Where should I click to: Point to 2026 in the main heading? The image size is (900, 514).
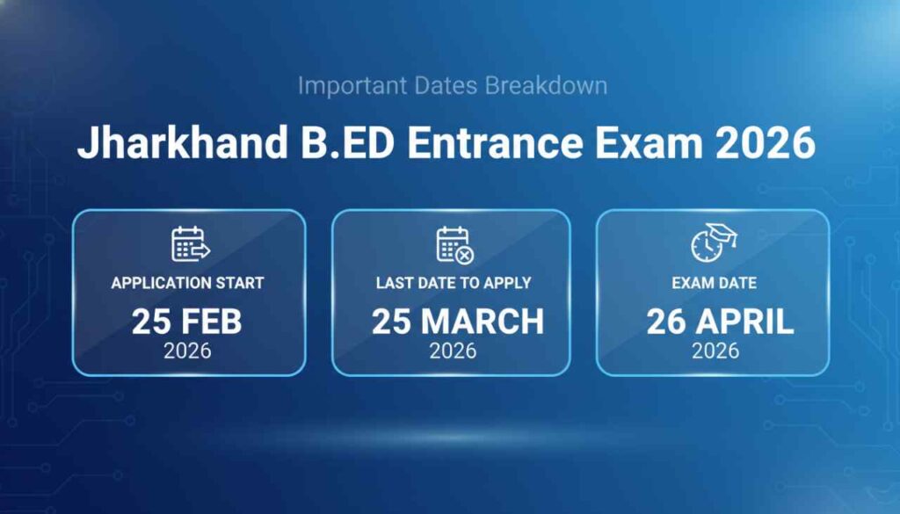(x=764, y=143)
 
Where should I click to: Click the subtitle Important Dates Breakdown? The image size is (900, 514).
(x=452, y=86)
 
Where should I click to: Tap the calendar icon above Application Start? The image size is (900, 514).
(x=189, y=245)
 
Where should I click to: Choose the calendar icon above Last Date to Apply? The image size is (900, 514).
(x=454, y=245)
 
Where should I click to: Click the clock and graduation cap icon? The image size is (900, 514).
(x=713, y=242)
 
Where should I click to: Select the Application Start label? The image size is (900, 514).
(x=187, y=284)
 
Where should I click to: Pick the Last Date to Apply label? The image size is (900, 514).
(x=454, y=284)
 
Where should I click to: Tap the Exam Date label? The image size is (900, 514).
(x=714, y=284)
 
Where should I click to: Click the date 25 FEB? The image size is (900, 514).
(x=187, y=321)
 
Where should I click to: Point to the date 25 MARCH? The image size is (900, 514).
(x=457, y=321)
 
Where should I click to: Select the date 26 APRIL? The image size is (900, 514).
(x=720, y=321)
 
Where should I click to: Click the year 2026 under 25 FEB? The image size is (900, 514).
(x=187, y=351)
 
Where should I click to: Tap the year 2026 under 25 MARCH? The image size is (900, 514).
(x=453, y=351)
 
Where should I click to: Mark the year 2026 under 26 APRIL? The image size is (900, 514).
(x=715, y=351)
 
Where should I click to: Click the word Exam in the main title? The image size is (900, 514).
(x=649, y=143)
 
